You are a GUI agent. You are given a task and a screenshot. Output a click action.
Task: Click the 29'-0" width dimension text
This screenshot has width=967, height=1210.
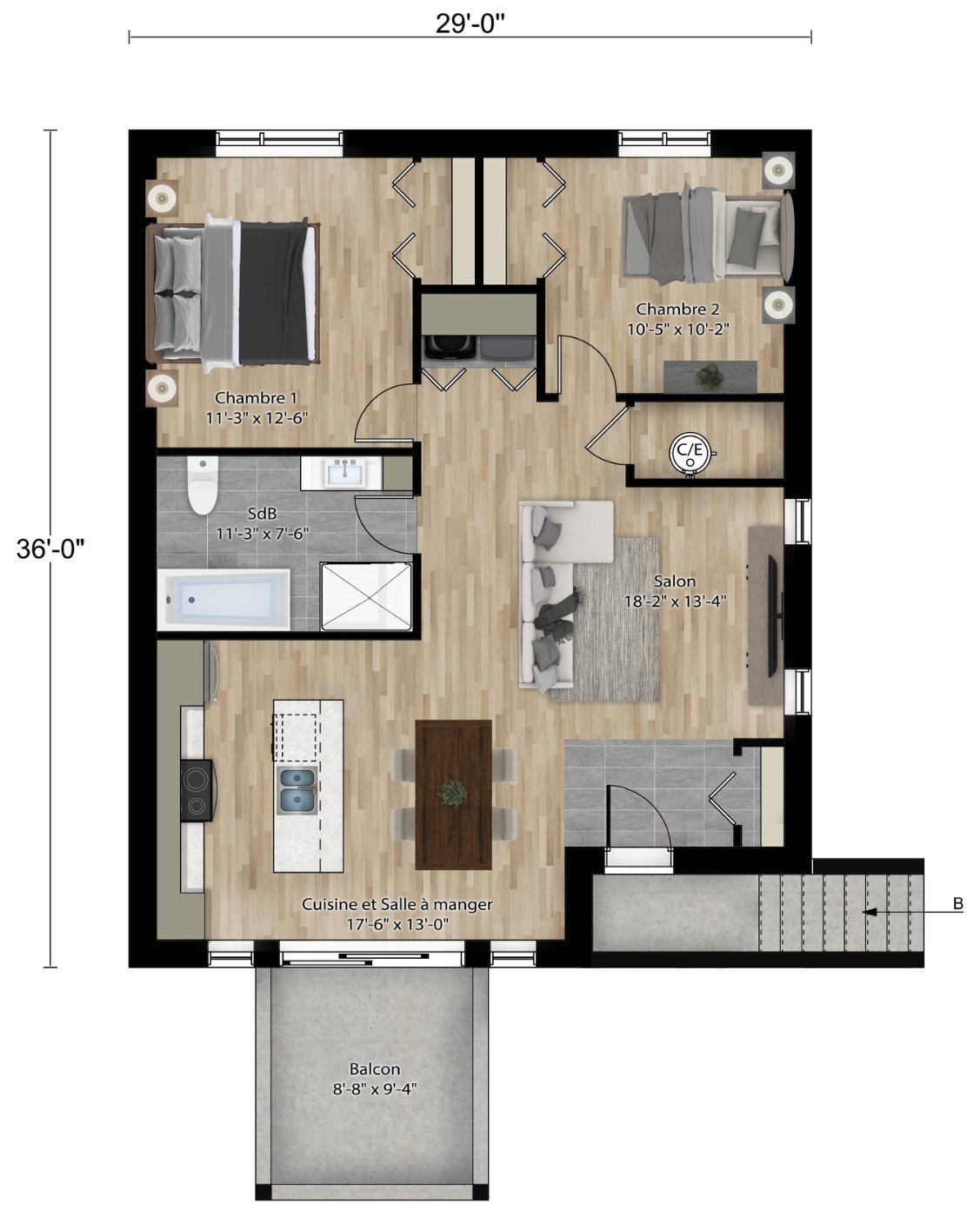[470, 23]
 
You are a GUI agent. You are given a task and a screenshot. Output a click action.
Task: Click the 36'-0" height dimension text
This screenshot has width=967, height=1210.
[50, 548]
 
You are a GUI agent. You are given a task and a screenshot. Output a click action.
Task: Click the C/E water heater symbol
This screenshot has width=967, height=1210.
[690, 451]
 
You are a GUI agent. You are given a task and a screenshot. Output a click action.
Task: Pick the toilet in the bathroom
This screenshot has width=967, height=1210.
[203, 485]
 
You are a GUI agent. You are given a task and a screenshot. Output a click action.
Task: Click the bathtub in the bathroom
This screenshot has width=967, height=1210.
[223, 600]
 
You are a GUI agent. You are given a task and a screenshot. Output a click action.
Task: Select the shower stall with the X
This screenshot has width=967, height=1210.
[365, 596]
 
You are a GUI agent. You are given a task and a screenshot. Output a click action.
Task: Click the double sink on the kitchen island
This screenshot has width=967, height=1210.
[297, 791]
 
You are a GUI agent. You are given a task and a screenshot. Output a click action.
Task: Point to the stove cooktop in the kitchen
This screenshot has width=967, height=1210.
[197, 791]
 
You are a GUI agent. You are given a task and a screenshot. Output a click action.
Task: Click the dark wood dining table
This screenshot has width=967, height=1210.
[453, 794]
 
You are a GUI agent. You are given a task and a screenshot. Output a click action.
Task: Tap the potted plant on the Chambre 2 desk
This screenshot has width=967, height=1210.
[710, 376]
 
